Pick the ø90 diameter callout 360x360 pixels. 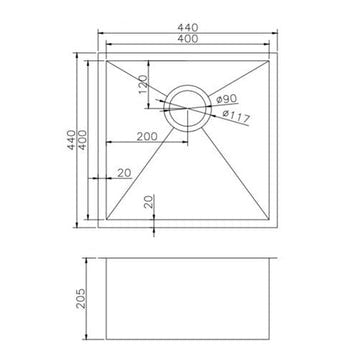click(226, 98)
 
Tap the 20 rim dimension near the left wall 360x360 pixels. click(125, 174)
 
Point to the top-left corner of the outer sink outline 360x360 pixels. click(97, 49)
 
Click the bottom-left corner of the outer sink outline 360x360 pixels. click(97, 233)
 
